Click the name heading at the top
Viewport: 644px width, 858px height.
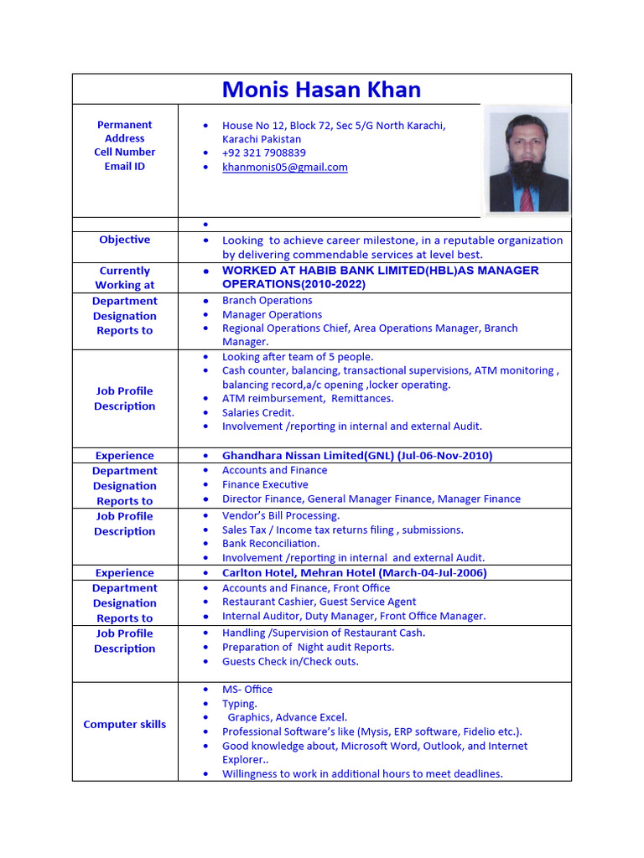[321, 90]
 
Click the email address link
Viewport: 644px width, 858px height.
[284, 167]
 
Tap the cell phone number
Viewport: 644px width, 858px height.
[263, 152]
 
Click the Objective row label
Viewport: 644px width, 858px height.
[124, 240]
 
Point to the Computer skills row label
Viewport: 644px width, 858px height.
[124, 724]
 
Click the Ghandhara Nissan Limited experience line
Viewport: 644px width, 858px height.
[356, 456]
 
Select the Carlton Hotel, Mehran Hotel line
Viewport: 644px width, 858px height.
[354, 573]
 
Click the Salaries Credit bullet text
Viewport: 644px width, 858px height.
[257, 412]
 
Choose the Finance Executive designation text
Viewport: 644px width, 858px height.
[265, 484]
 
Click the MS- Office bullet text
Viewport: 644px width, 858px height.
[247, 689]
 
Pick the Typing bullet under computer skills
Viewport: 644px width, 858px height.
[239, 704]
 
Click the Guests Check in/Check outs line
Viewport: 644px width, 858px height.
[289, 661]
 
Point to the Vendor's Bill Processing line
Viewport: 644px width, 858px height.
[280, 515]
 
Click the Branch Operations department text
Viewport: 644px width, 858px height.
[267, 300]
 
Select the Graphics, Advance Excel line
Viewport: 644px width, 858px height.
[287, 717]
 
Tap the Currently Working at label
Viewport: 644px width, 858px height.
[124, 277]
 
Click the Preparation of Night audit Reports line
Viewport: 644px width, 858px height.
[308, 647]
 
